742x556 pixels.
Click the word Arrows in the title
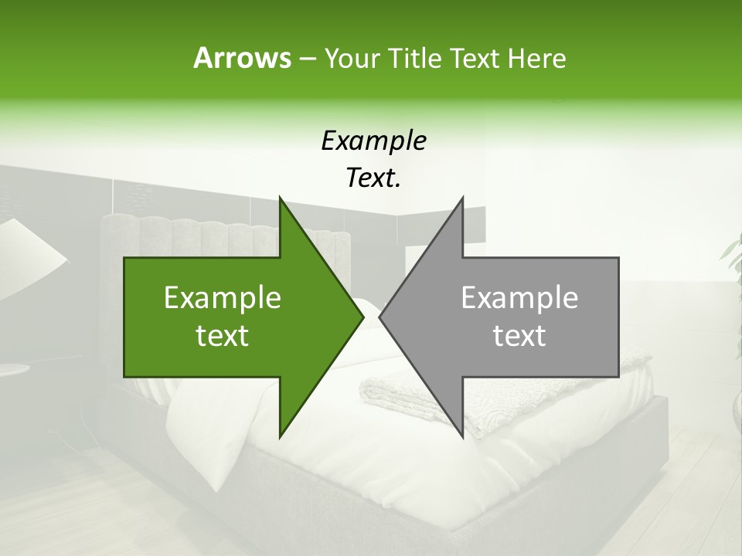coord(242,58)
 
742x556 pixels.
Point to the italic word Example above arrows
coord(373,141)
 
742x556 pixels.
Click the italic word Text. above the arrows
coord(373,178)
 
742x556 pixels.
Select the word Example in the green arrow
coord(223,298)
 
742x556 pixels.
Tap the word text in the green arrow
coord(223,336)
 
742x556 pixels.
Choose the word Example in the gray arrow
coord(519,298)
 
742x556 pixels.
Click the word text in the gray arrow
coord(519,336)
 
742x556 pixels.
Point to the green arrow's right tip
coord(362,317)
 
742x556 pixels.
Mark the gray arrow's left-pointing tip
coord(380,317)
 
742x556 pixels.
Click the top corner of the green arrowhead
coord(280,198)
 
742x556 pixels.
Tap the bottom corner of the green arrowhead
coord(280,437)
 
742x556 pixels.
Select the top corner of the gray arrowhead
coord(462,198)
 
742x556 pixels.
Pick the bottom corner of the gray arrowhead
coord(462,437)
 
